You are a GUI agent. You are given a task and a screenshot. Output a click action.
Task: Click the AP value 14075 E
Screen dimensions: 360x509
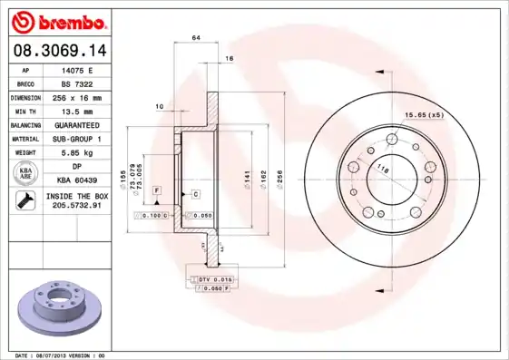click(76, 69)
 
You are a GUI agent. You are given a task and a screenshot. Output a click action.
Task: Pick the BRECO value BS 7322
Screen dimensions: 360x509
click(76, 83)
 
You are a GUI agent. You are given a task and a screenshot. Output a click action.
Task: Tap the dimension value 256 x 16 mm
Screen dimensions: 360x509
click(76, 96)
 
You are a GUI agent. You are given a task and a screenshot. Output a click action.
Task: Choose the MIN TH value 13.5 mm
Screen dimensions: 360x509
click(76, 110)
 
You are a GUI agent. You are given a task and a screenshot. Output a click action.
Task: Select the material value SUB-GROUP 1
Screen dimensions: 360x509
click(76, 138)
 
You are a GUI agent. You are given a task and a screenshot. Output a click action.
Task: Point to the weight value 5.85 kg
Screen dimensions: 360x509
click(76, 152)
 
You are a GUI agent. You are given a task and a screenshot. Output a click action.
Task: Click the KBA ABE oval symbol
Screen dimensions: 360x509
click(25, 173)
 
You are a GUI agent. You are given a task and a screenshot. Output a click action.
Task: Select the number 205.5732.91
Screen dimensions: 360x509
click(76, 206)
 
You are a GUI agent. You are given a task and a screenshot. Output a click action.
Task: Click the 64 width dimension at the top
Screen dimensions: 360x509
click(196, 37)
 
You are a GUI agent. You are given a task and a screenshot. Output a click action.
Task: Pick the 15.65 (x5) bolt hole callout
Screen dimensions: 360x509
click(423, 114)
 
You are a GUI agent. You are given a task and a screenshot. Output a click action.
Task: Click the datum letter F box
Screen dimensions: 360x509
click(157, 190)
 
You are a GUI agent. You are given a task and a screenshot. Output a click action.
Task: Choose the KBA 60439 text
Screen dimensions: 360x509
click(76, 180)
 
